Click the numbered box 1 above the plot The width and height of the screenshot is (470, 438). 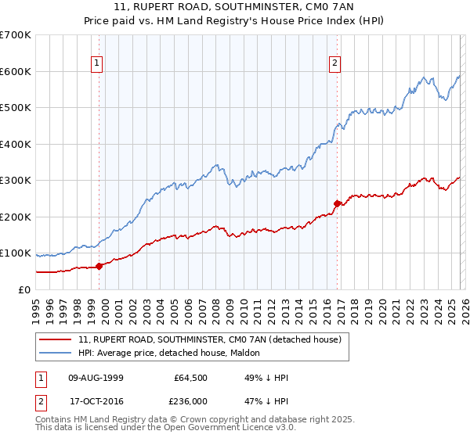[97, 64]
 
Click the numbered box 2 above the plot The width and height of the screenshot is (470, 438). [334, 64]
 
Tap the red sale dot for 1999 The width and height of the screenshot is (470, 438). [99, 266]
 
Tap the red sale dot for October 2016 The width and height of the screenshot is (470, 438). [338, 203]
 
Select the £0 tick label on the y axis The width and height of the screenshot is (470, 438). [25, 289]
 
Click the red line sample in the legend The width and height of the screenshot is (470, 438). [56, 340]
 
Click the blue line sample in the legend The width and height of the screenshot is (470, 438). [56, 353]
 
